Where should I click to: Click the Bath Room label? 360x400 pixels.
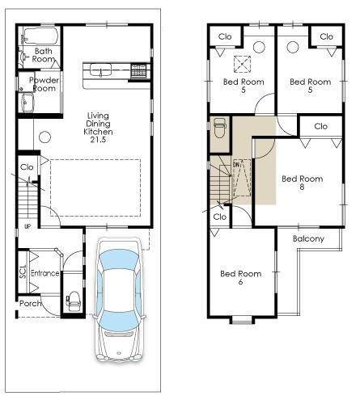[44, 55]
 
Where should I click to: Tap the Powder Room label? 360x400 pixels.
[43, 84]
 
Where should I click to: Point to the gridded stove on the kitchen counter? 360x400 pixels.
[139, 70]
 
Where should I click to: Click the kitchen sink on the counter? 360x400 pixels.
[102, 68]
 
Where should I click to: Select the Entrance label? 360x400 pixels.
[45, 273]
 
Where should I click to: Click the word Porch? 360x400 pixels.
[31, 304]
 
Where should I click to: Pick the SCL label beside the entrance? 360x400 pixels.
[23, 274]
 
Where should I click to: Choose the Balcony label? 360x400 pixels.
[308, 239]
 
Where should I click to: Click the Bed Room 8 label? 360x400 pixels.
[301, 183]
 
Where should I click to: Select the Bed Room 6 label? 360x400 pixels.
[240, 279]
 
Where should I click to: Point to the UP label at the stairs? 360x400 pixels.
[27, 226]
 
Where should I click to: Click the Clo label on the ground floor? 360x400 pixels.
[27, 167]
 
